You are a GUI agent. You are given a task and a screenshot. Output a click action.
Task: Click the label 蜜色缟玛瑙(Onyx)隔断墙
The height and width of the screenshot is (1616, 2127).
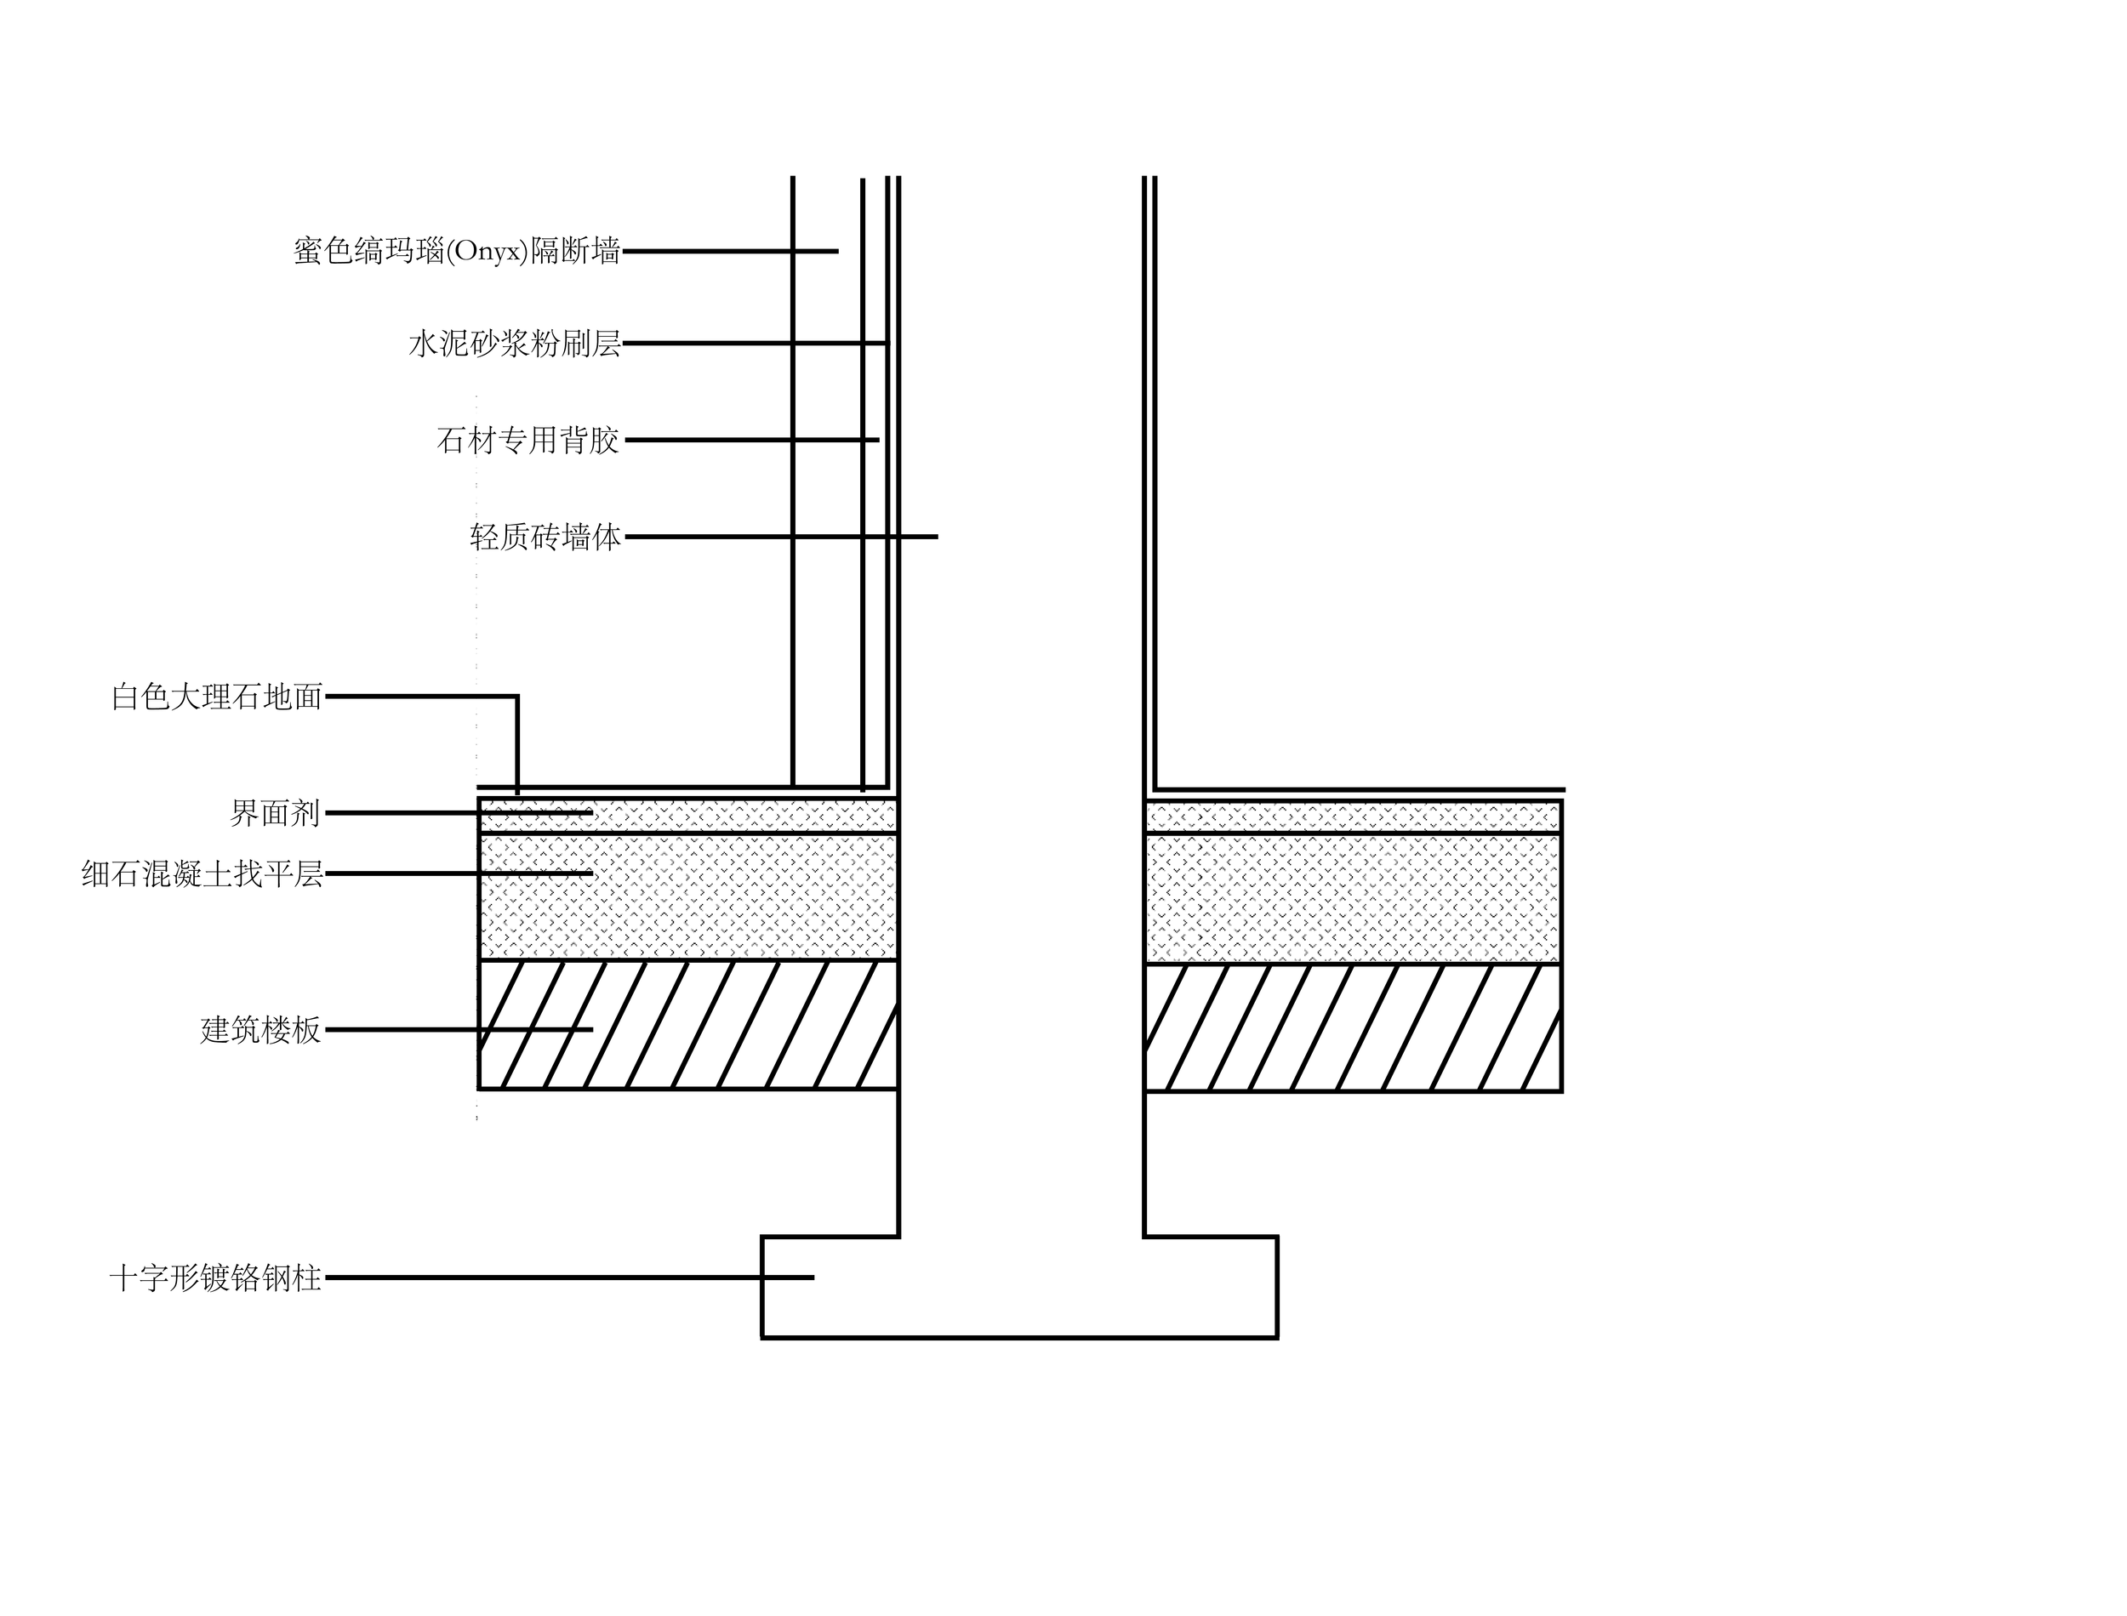457,252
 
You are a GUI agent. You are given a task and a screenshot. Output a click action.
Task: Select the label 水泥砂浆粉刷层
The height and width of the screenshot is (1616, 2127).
515,344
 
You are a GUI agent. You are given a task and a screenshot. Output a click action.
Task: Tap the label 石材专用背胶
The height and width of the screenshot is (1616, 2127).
528,441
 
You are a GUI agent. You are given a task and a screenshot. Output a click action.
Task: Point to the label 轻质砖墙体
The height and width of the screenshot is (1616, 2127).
545,537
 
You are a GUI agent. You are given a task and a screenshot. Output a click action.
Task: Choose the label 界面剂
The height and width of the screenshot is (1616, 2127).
275,814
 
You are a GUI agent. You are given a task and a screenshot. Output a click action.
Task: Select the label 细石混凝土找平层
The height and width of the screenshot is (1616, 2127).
202,874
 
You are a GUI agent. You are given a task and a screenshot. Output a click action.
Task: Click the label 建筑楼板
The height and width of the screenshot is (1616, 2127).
260,1030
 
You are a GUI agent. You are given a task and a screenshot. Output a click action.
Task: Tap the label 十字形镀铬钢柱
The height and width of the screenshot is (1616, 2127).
215,1278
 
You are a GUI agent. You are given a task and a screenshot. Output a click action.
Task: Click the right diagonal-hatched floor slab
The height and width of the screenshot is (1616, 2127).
1352,1027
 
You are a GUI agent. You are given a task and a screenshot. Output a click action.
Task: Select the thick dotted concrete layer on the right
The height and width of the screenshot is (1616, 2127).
1352,897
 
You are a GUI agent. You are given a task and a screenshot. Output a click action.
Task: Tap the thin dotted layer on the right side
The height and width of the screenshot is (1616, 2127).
1352,817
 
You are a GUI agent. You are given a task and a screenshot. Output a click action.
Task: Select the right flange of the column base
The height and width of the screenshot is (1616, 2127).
1212,1287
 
